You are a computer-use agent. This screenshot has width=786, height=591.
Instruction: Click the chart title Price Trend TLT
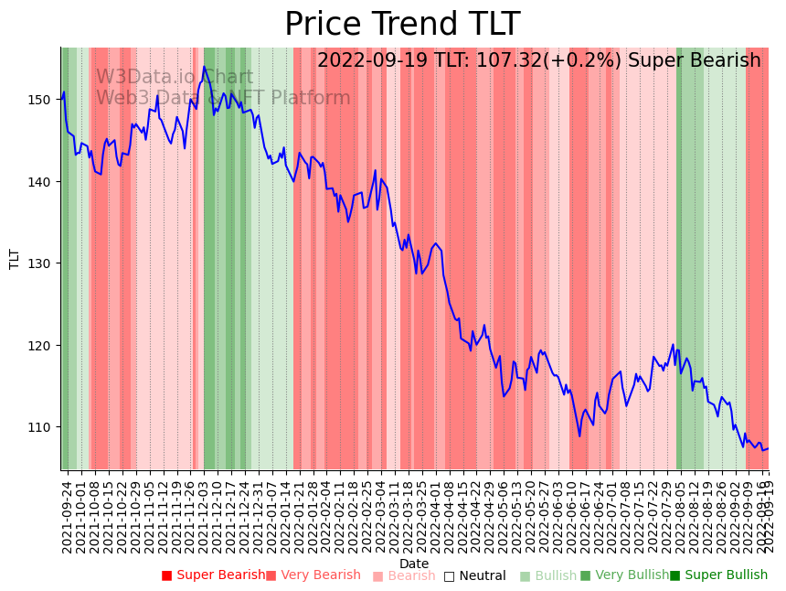click(402, 25)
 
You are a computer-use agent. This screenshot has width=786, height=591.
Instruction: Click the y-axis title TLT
click(15, 259)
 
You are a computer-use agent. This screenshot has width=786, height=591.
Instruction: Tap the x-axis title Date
click(414, 564)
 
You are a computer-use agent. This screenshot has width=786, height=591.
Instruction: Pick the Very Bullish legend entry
click(632, 575)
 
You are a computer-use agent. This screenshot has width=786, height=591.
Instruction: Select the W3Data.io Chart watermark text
click(175, 77)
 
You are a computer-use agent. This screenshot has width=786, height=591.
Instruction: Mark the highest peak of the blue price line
click(205, 67)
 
